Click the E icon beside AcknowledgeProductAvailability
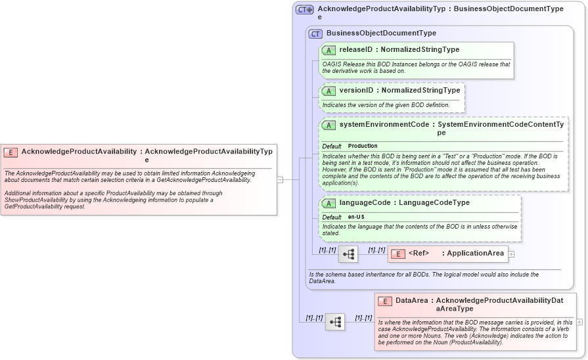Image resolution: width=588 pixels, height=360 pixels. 11,152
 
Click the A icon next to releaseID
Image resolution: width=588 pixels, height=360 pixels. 328,50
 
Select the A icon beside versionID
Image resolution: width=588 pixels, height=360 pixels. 328,91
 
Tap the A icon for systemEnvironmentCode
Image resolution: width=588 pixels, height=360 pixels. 328,125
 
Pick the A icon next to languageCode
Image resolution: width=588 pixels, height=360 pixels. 328,203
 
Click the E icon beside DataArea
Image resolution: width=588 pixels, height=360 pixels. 385,301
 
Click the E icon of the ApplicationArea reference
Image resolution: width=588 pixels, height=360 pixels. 397,254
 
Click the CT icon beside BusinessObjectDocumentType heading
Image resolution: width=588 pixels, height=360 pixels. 315,34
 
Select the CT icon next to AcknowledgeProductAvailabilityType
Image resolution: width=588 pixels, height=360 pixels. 304,10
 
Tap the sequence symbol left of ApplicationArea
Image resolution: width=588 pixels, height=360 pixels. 348,254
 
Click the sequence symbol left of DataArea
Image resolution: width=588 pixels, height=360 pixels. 335,321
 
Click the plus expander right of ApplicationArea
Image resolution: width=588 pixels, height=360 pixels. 511,254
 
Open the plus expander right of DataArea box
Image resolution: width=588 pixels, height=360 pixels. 579,322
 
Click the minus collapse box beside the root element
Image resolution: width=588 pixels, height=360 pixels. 280,179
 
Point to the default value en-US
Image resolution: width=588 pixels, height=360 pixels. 357,217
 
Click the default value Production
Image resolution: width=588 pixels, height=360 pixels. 363,146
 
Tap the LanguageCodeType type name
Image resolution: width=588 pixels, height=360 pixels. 434,203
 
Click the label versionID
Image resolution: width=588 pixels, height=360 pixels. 356,91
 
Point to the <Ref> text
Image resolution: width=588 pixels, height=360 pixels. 418,254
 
